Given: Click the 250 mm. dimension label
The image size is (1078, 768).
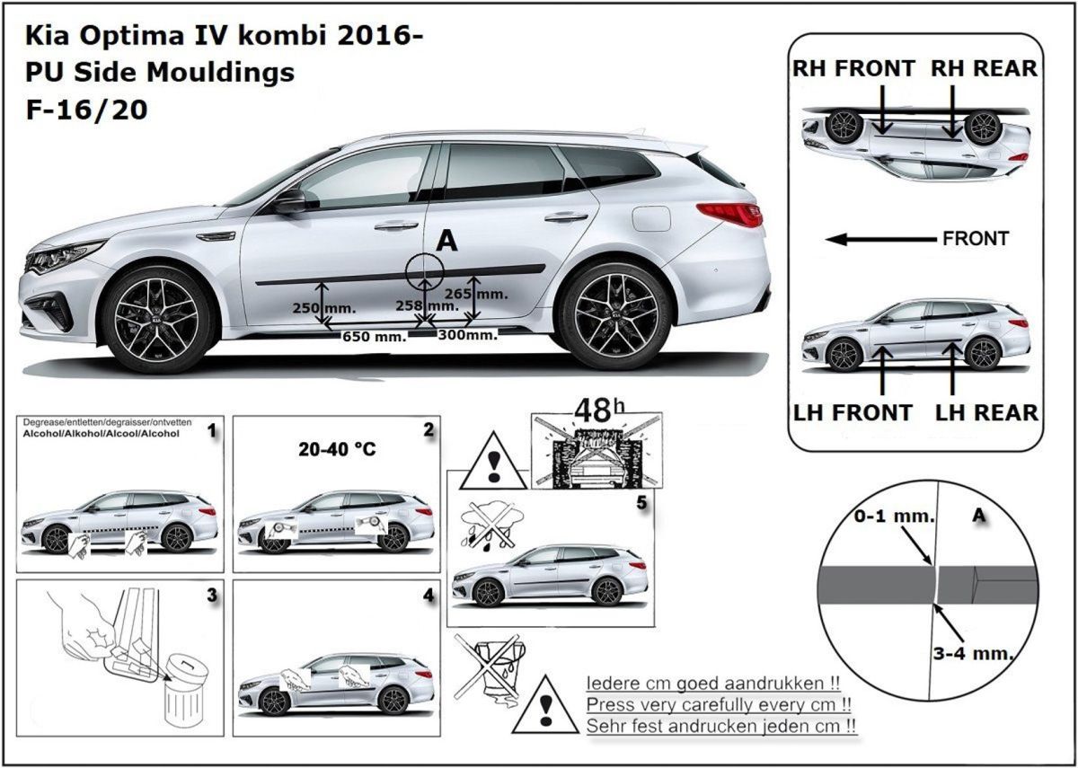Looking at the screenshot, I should tap(324, 308).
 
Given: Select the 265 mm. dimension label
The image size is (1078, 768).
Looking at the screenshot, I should tap(476, 294).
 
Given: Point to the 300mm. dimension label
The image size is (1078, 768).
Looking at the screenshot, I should tap(467, 335).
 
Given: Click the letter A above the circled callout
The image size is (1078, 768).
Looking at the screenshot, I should tap(446, 240).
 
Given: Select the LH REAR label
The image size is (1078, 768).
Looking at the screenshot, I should tap(985, 412).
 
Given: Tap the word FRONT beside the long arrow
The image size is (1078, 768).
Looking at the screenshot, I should tap(976, 239).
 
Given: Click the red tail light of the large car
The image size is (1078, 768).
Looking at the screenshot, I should tap(730, 214).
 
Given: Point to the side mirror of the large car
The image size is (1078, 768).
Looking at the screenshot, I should tap(290, 202).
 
